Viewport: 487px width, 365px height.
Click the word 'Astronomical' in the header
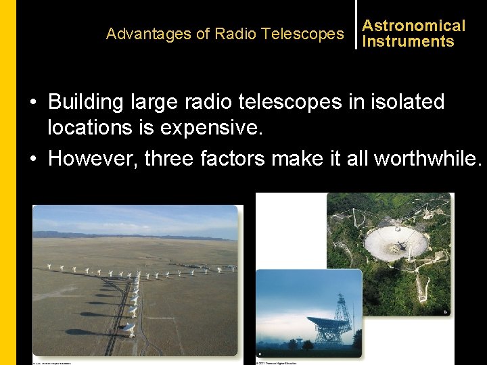413,26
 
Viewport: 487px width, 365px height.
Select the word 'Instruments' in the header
408,41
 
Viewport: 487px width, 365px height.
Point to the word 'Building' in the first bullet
86,102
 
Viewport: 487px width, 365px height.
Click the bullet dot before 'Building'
33,103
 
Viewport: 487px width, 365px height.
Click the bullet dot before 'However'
33,159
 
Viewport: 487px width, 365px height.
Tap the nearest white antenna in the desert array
129,329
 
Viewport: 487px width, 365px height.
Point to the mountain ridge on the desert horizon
135,235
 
